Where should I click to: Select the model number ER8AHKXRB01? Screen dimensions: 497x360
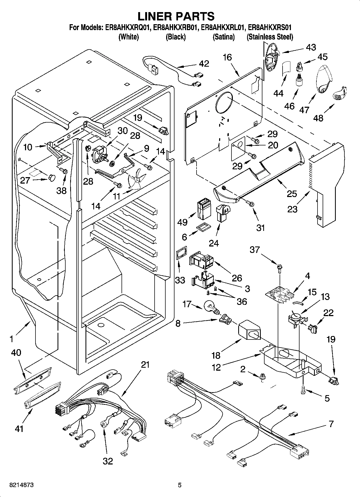pos(175,28)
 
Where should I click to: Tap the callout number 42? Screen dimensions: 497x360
pos(204,64)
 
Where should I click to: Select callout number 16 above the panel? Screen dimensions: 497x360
pos(227,57)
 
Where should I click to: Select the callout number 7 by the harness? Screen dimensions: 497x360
pos(331,424)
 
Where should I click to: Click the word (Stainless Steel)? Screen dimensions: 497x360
pos(270,37)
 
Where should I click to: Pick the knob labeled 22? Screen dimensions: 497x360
pos(313,328)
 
